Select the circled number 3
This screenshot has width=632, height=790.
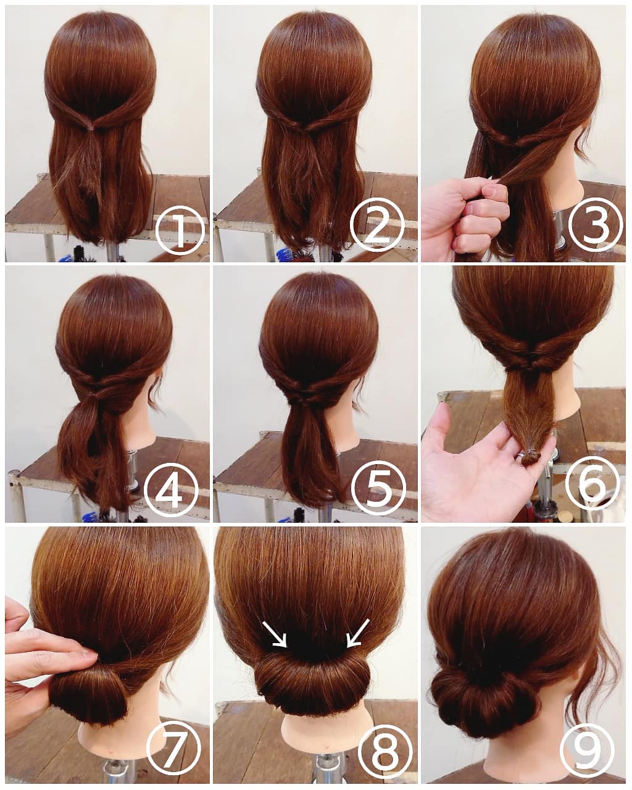(595, 224)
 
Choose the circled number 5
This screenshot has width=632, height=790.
(378, 489)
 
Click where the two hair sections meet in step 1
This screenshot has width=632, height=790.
(91, 127)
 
